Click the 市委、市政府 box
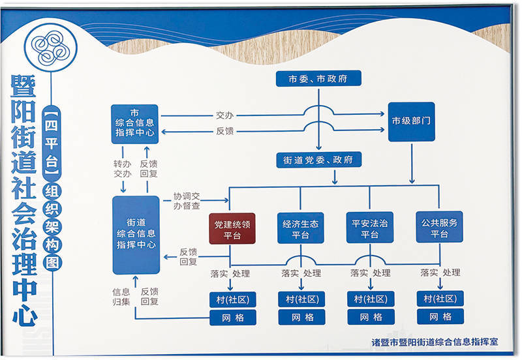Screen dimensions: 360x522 click(318, 79)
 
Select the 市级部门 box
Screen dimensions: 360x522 click(411, 121)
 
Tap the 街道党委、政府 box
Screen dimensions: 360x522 click(318, 160)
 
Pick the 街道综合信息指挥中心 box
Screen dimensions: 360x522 click(136, 234)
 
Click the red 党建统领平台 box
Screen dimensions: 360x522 click(232, 228)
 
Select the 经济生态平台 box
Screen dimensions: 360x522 click(301, 228)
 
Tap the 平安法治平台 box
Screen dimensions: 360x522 click(369, 228)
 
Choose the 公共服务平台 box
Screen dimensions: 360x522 click(440, 228)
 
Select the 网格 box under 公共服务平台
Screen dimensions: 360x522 click(440, 317)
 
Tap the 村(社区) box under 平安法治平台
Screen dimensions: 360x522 click(371, 299)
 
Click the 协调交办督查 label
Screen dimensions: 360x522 click(187, 200)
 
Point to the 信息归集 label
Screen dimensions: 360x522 click(121, 296)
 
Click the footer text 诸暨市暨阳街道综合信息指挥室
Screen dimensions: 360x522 click(435, 341)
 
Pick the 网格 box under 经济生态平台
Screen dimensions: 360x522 click(301, 318)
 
